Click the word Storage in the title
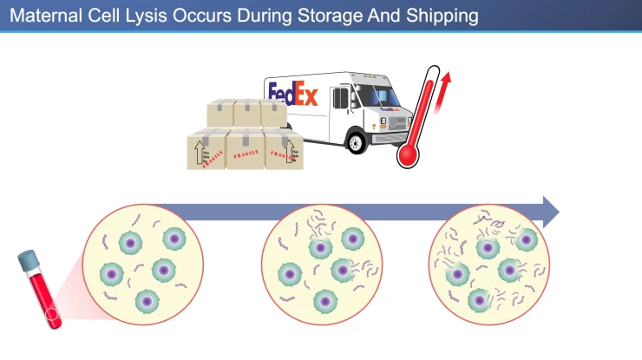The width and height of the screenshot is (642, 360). coord(338,16)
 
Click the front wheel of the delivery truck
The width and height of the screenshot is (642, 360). coord(356,141)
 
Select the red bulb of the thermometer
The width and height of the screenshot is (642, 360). coord(407,154)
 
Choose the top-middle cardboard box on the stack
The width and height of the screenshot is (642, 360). coord(247,114)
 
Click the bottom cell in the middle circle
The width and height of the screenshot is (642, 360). coord(324,301)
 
